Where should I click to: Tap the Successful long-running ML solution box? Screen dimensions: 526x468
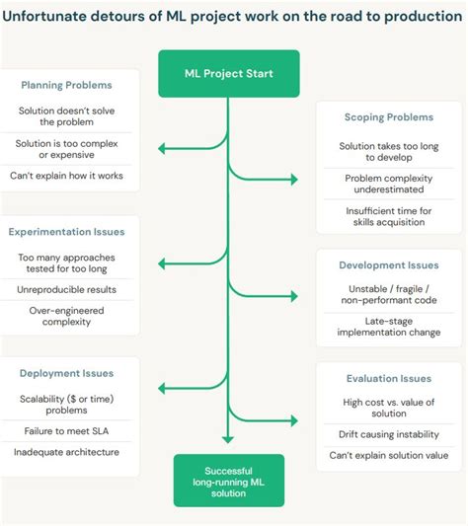[228, 480]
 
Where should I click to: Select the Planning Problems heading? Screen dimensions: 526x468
[66, 85]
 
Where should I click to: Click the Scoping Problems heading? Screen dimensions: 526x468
[389, 116]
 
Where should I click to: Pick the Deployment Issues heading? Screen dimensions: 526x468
[67, 373]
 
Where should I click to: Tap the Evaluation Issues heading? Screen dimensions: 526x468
[388, 378]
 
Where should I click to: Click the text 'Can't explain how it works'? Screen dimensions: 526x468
[66, 177]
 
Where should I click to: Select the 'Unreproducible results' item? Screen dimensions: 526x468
[66, 289]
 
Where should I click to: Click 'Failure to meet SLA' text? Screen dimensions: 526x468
[66, 431]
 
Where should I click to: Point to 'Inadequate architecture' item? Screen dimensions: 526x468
[66, 452]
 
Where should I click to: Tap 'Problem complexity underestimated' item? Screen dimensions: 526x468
[389, 184]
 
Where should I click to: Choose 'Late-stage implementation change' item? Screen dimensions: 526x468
[389, 327]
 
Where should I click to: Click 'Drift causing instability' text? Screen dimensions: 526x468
[389, 432]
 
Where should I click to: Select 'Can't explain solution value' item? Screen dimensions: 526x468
[389, 455]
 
